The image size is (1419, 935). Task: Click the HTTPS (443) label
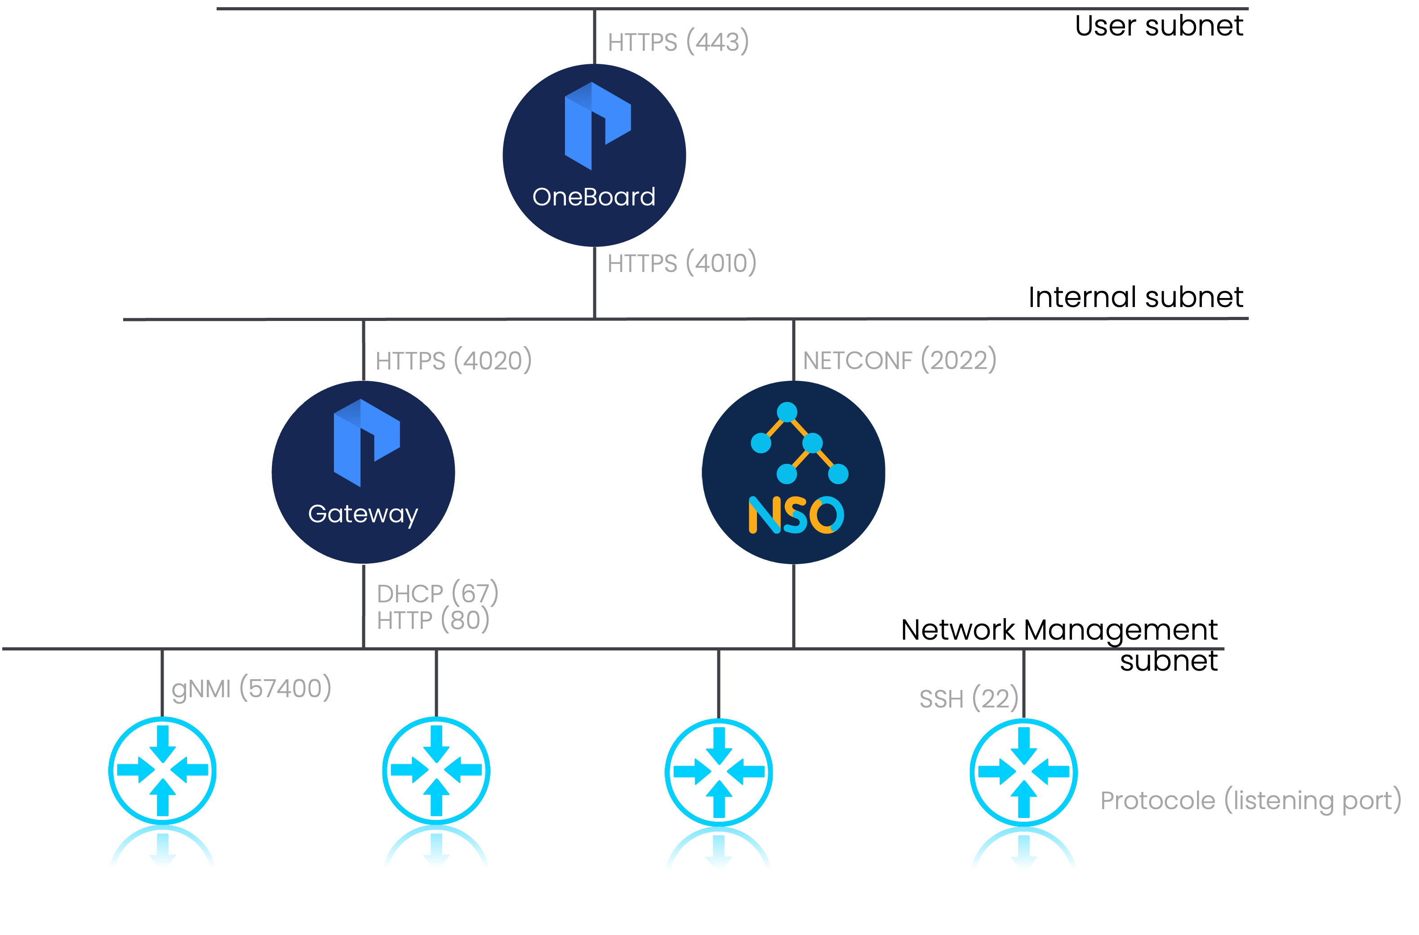click(x=678, y=42)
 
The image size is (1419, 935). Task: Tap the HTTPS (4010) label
click(x=681, y=263)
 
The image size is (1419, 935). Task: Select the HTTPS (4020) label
click(x=453, y=361)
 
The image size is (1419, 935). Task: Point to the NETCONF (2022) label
click(x=899, y=360)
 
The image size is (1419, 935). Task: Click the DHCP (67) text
click(x=437, y=593)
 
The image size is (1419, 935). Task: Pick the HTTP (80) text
click(x=433, y=621)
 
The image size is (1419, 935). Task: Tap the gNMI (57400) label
click(x=251, y=689)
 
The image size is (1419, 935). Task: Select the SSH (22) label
click(x=968, y=699)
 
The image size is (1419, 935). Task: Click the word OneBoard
click(x=594, y=197)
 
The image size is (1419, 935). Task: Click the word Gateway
click(x=363, y=514)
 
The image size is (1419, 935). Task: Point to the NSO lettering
click(x=796, y=515)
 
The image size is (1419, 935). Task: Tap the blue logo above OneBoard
click(x=597, y=126)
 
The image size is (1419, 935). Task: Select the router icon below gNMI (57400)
click(x=162, y=770)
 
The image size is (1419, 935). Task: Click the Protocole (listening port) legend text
click(x=1250, y=800)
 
